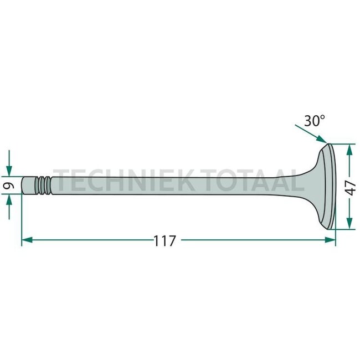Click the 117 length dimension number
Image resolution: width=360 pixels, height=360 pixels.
click(164, 241)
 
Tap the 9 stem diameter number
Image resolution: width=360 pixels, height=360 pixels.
click(9, 186)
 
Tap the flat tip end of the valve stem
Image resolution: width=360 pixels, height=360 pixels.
click(23, 186)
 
